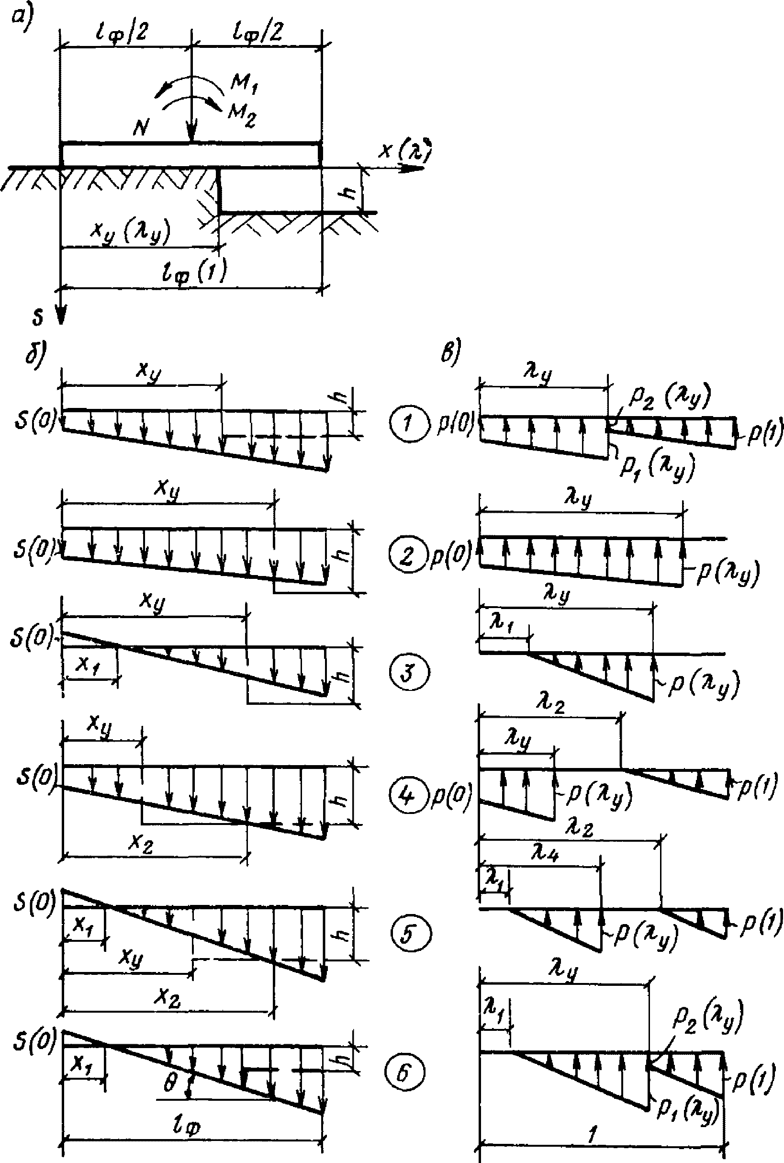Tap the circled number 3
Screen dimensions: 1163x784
point(408,673)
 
